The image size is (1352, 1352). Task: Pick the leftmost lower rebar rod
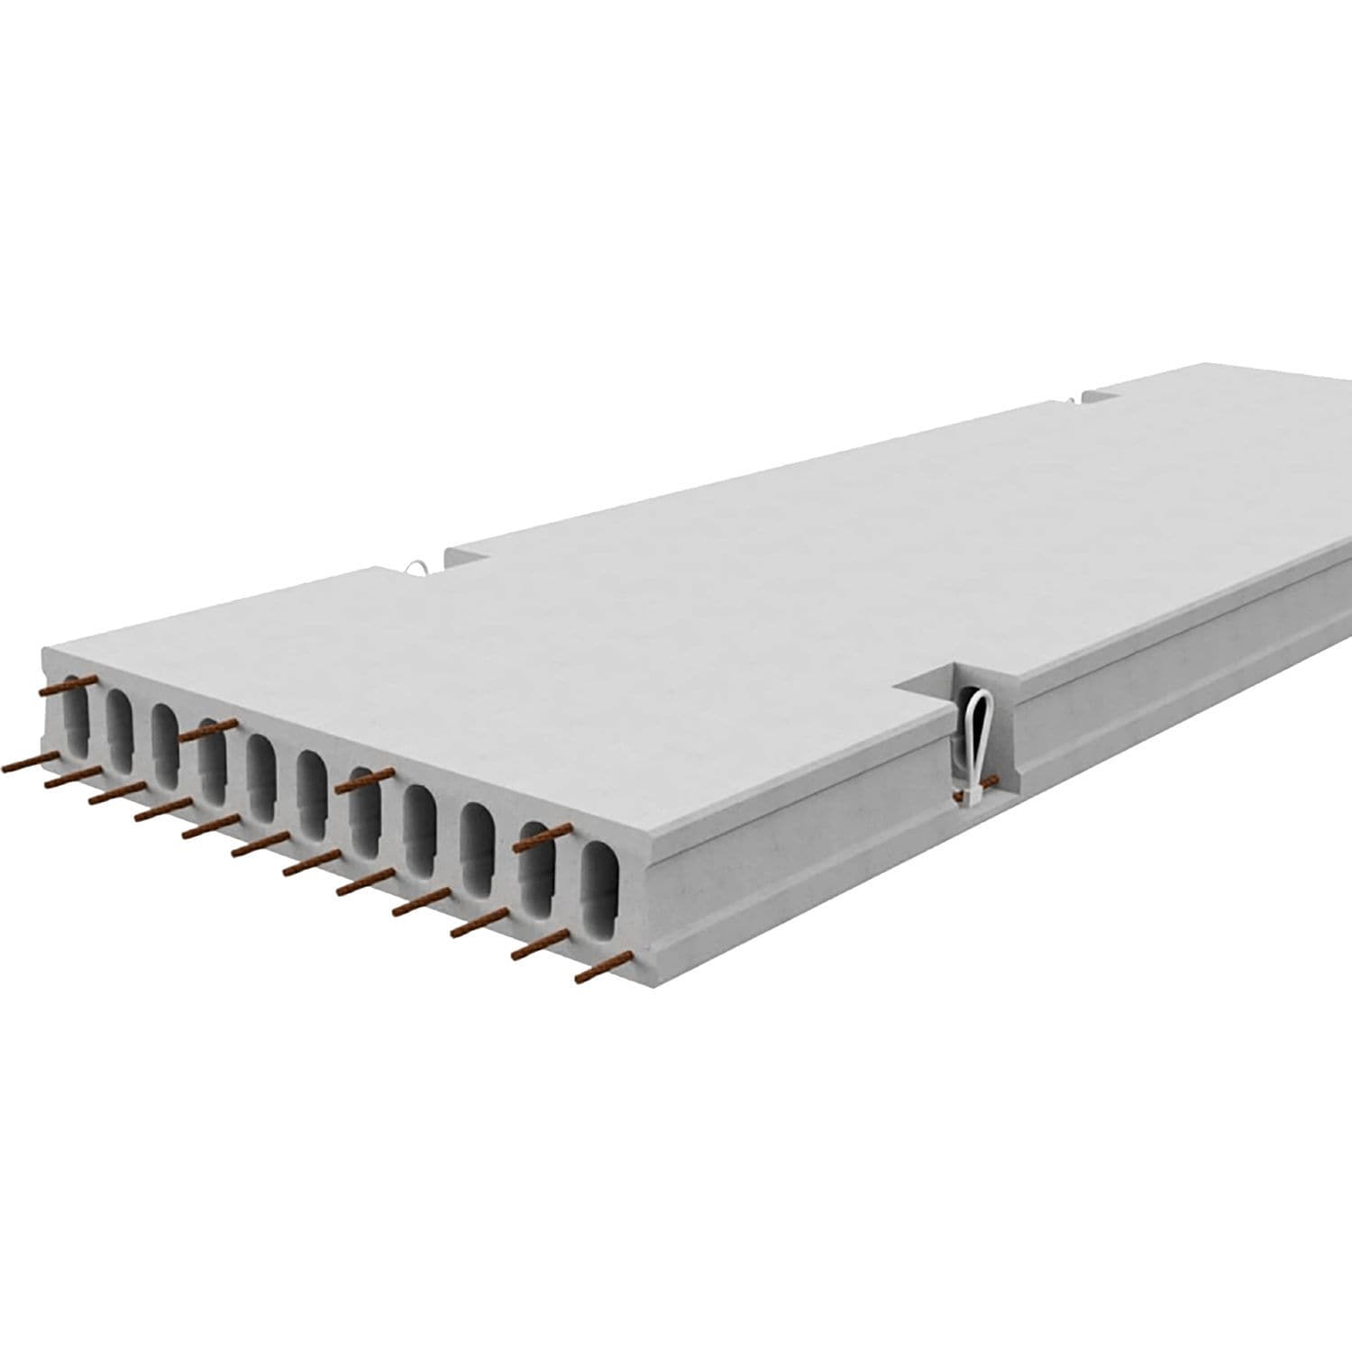32,763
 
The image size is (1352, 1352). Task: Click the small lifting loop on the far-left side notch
417,568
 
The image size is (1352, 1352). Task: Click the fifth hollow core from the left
261,775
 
